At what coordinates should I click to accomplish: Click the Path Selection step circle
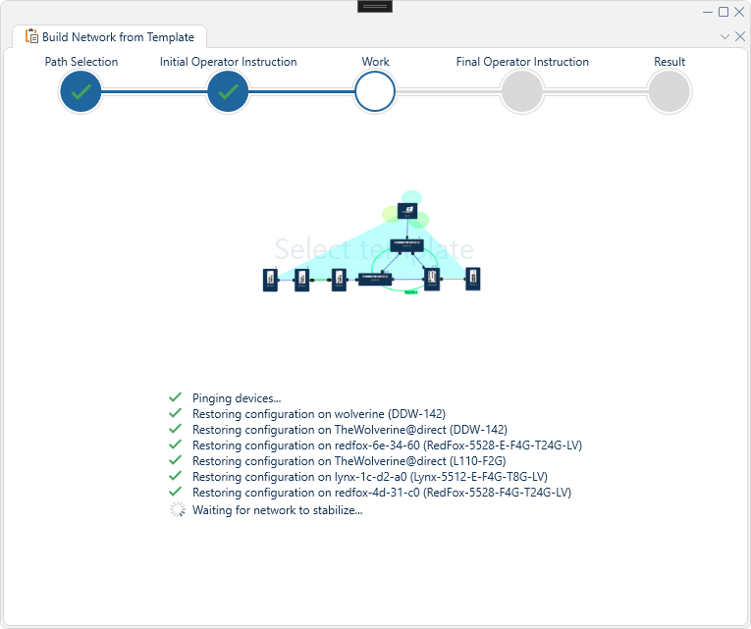80,92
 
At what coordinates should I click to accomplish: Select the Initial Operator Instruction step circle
228,92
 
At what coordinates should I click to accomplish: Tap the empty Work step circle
375,92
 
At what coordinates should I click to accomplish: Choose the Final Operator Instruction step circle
522,92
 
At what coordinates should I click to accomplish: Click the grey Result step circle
670,92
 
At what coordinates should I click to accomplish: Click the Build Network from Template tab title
118,37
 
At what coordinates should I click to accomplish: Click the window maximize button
724,12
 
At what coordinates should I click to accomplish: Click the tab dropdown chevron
724,36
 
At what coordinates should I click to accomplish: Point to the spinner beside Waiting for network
177,509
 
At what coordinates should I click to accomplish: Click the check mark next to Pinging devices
176,397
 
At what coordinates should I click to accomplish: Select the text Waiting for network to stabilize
277,509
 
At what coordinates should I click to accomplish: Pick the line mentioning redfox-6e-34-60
387,446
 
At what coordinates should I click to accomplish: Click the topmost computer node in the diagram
407,211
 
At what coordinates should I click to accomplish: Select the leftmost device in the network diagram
270,280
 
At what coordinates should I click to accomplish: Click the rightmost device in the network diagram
472,278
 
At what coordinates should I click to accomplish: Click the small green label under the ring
411,292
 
